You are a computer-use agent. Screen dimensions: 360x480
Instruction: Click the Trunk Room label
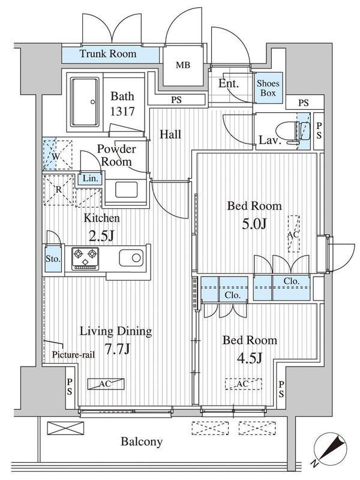(x=108, y=54)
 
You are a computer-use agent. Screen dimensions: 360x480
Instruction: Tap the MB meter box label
(x=183, y=65)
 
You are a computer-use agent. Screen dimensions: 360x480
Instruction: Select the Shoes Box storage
(x=268, y=88)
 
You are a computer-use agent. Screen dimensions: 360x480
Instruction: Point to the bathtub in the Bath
(x=85, y=101)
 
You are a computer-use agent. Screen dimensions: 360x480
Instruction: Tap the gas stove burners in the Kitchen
(x=85, y=259)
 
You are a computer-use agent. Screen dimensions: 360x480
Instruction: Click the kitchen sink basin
(x=131, y=258)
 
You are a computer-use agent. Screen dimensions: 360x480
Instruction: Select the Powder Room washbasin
(x=127, y=190)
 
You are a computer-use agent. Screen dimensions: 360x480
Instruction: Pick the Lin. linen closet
(x=91, y=178)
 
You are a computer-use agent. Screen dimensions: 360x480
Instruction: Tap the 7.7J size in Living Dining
(x=118, y=349)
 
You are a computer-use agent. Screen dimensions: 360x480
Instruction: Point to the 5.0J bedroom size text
(x=254, y=224)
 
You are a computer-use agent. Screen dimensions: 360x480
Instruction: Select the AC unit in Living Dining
(x=106, y=383)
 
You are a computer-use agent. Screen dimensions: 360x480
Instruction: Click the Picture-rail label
(x=73, y=355)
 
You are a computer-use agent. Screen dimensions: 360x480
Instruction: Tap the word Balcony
(x=142, y=442)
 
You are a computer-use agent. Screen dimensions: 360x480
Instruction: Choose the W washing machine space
(x=57, y=155)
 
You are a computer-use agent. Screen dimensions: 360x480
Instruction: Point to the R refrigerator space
(x=59, y=190)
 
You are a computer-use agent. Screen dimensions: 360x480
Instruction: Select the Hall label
(x=170, y=134)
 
